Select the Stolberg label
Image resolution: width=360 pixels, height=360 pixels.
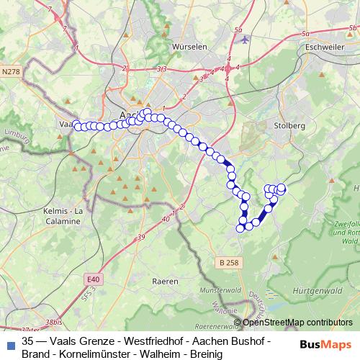coord(290,125)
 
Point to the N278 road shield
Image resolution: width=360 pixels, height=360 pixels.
coord(12,71)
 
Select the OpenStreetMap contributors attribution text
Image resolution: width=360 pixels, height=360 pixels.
coord(297,323)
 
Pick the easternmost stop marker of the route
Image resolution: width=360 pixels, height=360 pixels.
coord(282,189)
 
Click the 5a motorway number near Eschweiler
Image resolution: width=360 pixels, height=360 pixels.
coord(307,33)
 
